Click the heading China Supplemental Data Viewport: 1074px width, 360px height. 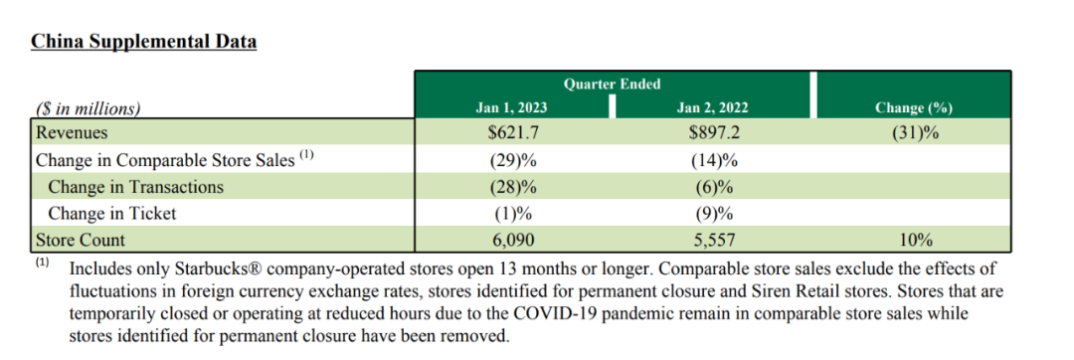144,42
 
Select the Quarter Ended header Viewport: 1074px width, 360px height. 612,85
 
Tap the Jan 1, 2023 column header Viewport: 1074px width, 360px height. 512,107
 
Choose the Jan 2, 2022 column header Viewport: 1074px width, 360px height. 712,107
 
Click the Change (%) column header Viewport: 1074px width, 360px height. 914,107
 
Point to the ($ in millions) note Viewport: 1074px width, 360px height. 88,108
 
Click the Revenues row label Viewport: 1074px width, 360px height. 72,133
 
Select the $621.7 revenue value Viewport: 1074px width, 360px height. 513,133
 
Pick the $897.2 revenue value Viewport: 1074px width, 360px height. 714,133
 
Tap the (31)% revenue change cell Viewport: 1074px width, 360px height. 915,133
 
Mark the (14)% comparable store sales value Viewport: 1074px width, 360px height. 714,160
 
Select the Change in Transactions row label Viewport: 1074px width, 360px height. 135,186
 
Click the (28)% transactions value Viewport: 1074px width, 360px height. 513,187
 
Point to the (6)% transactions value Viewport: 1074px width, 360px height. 714,187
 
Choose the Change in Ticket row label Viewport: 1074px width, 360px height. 111,214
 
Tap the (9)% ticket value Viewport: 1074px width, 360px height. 714,214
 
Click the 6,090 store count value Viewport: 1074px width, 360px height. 512,241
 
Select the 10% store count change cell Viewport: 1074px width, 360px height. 915,241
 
